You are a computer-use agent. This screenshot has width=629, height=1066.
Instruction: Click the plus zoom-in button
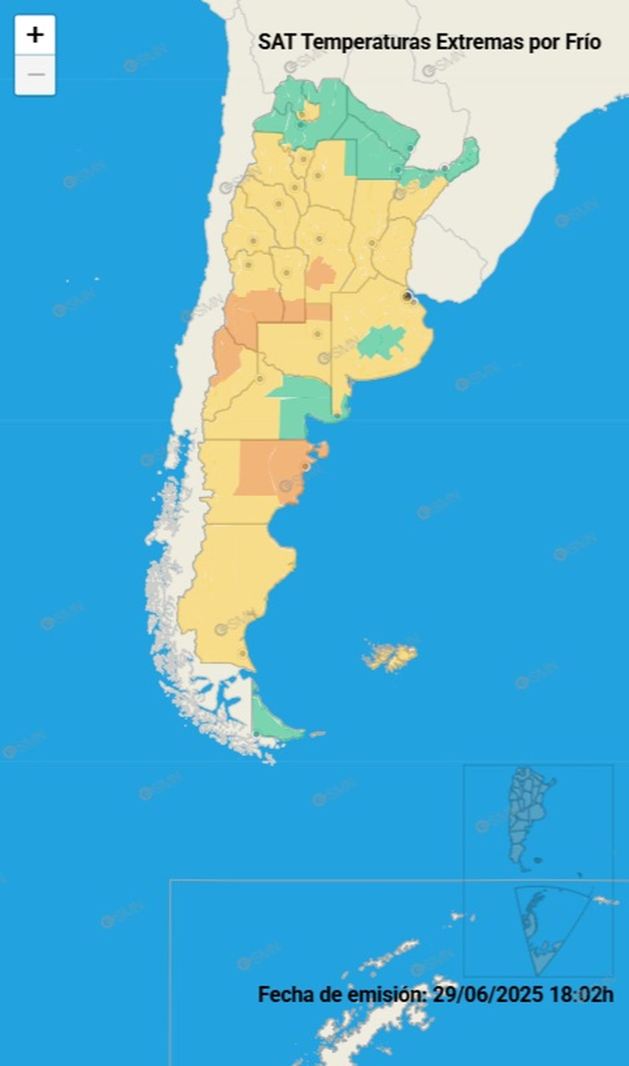pyautogui.click(x=35, y=35)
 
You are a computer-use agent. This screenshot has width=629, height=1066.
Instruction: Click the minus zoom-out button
pyautogui.click(x=35, y=75)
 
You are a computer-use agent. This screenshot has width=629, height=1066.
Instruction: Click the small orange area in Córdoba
pyautogui.click(x=319, y=273)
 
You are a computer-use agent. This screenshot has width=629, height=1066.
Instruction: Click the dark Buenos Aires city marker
pyautogui.click(x=407, y=297)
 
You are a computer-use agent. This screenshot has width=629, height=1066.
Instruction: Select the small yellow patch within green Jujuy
pyautogui.click(x=309, y=111)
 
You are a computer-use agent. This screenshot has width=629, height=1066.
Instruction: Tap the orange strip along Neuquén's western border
pyautogui.click(x=226, y=356)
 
